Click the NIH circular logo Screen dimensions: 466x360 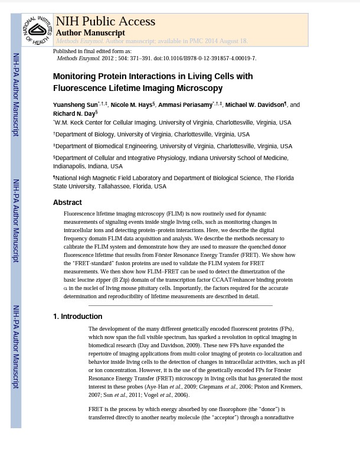(x=37, y=30)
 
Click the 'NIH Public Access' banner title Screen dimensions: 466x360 (x=105, y=21)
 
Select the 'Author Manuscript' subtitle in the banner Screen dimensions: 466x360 (x=90, y=33)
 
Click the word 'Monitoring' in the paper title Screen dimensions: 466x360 (x=76, y=76)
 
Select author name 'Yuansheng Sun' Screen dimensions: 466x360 (x=75, y=105)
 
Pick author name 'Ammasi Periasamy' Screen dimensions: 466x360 (x=185, y=105)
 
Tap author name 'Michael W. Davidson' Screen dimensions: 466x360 (x=254, y=105)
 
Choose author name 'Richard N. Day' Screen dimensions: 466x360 (x=74, y=114)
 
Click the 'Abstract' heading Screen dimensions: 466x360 (x=67, y=203)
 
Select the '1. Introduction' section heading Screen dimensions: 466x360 (x=77, y=317)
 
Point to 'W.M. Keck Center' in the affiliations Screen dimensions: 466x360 (x=79, y=123)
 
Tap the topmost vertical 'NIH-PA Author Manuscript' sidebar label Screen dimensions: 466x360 (x=16, y=94)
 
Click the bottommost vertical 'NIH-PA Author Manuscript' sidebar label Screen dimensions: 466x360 (x=16, y=347)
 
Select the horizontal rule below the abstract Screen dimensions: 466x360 (x=180, y=305)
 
